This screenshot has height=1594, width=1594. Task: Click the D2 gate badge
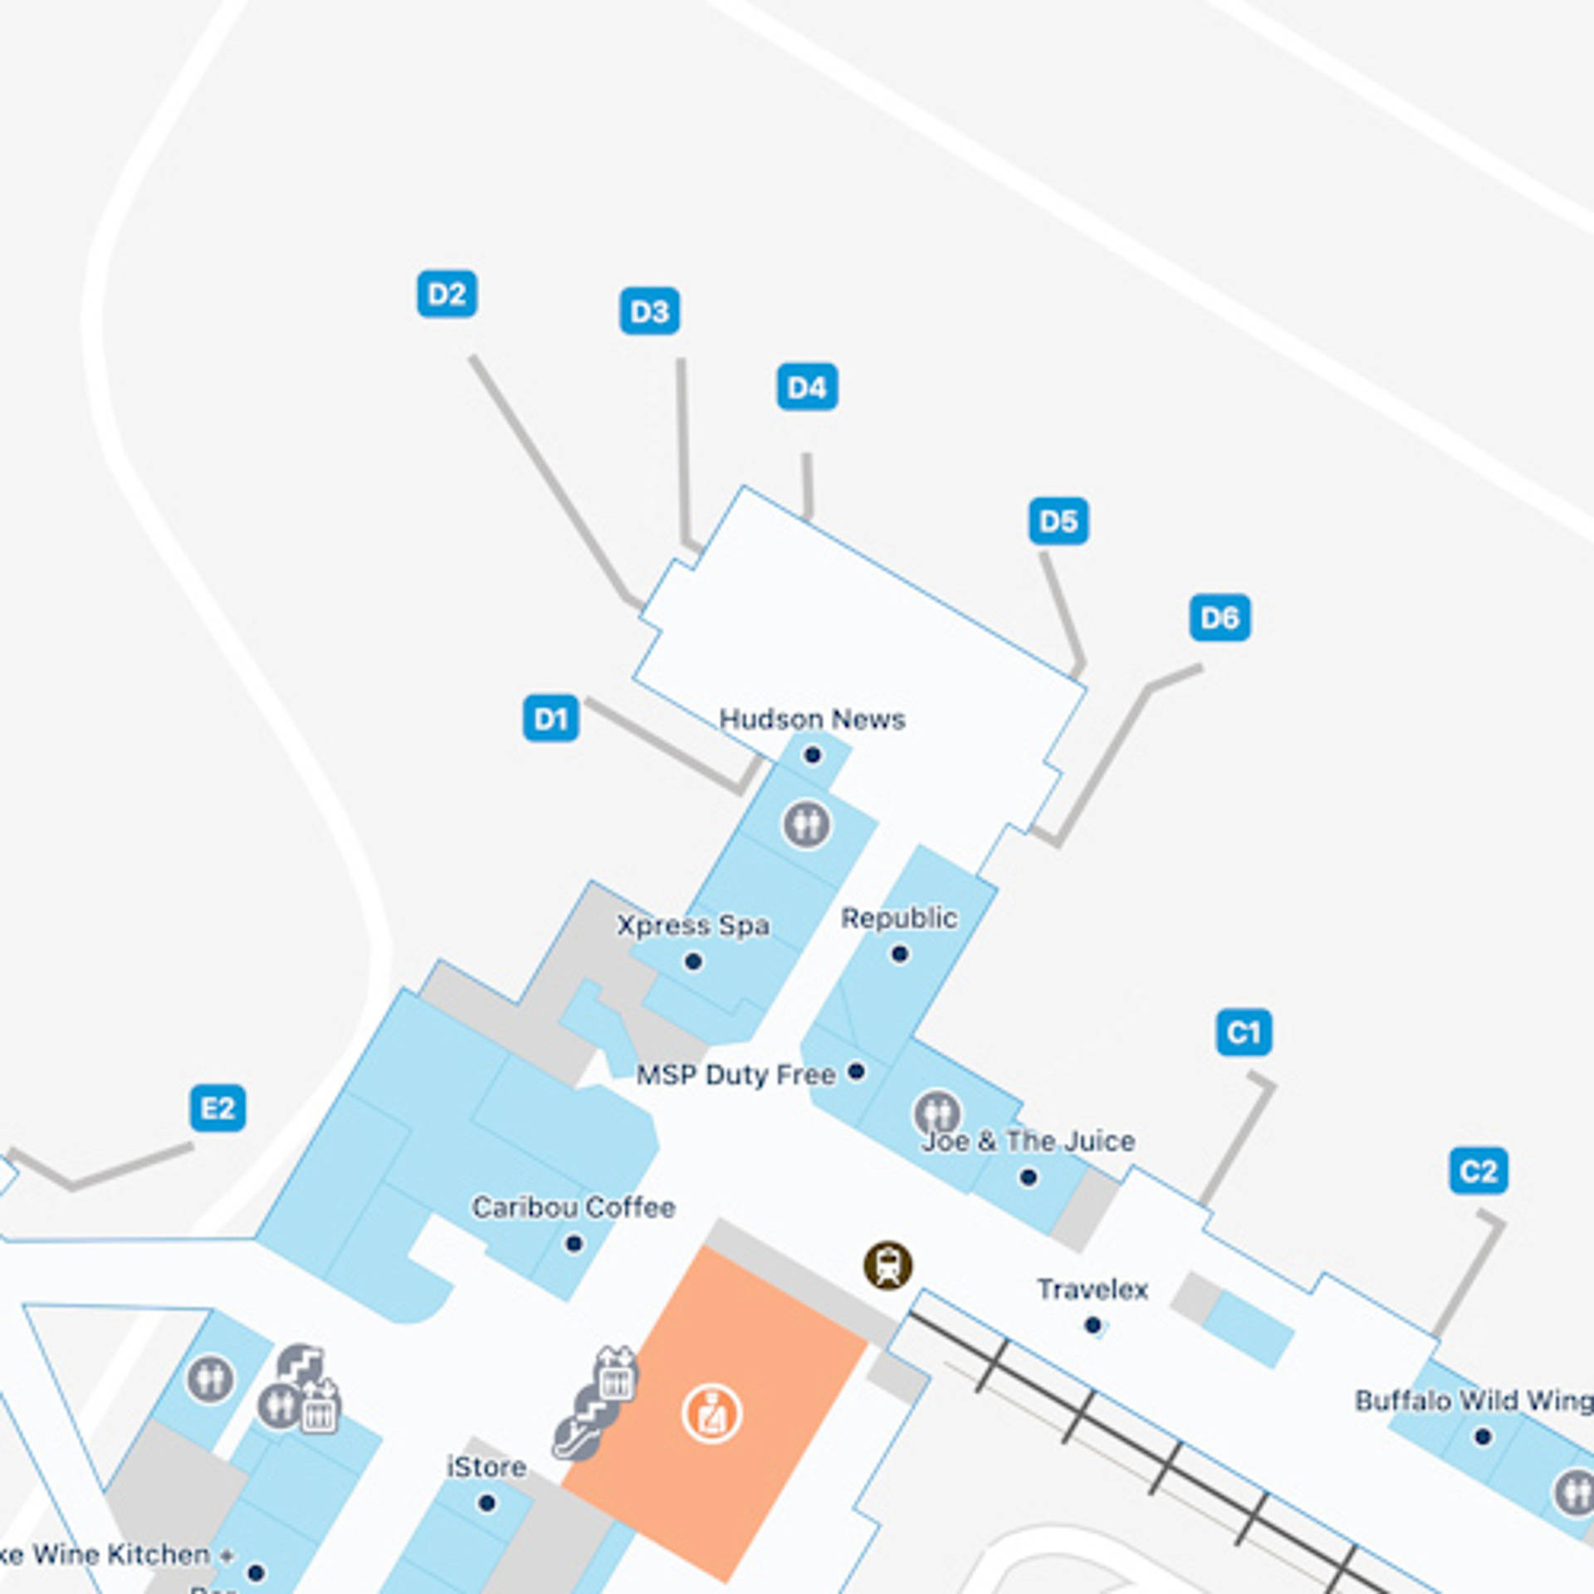tap(447, 294)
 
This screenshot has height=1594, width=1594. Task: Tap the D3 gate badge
tap(649, 311)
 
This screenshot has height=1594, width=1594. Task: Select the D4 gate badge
tap(807, 387)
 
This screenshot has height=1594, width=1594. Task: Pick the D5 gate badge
tap(1059, 521)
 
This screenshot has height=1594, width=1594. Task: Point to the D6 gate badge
tap(1220, 618)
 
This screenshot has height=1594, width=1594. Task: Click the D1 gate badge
tap(550, 718)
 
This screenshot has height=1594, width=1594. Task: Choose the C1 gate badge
tap(1244, 1033)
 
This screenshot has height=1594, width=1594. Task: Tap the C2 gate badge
tap(1479, 1171)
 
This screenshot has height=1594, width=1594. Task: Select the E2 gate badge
tap(218, 1108)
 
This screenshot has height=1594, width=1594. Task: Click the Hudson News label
tap(812, 719)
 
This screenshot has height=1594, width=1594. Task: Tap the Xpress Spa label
tap(693, 925)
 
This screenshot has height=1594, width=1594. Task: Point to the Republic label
tap(899, 918)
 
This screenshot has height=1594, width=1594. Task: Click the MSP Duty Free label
tap(736, 1074)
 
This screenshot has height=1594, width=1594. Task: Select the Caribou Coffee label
tap(574, 1207)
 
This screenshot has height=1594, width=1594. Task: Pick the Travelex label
tap(1093, 1289)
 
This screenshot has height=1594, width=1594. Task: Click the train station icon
tap(887, 1265)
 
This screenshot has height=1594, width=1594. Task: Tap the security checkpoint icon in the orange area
tap(711, 1413)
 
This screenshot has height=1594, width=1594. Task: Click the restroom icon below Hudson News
tap(806, 824)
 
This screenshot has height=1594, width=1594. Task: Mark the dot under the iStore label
tap(487, 1503)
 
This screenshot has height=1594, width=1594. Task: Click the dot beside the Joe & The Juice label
tap(1028, 1176)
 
